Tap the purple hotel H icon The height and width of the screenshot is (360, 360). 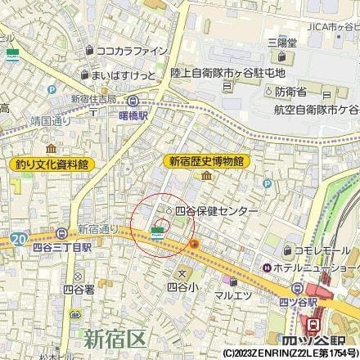(x=266, y=268)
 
